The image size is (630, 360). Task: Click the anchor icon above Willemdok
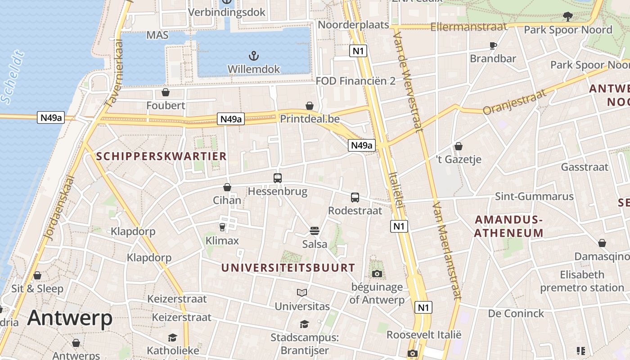click(x=254, y=56)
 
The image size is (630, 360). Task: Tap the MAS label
click(x=157, y=35)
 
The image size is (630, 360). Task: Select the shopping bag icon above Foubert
click(x=166, y=92)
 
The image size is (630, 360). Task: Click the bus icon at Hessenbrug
click(x=278, y=178)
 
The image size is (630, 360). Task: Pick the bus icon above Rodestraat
click(x=355, y=197)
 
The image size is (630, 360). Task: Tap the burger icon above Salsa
click(x=315, y=231)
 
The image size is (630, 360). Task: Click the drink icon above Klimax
click(x=222, y=227)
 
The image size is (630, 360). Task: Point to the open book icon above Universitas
click(x=302, y=293)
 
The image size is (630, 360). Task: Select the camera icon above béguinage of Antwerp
click(x=377, y=274)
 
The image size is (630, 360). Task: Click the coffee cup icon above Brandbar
click(x=493, y=45)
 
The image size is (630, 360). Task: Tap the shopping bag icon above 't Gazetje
click(x=459, y=146)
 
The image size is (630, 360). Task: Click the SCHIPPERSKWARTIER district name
click(x=162, y=157)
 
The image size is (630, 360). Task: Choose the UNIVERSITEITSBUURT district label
click(x=288, y=268)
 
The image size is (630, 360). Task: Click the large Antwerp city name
click(x=70, y=318)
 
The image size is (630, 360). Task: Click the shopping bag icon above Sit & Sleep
click(x=37, y=275)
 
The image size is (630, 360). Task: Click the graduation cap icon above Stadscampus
click(x=305, y=324)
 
